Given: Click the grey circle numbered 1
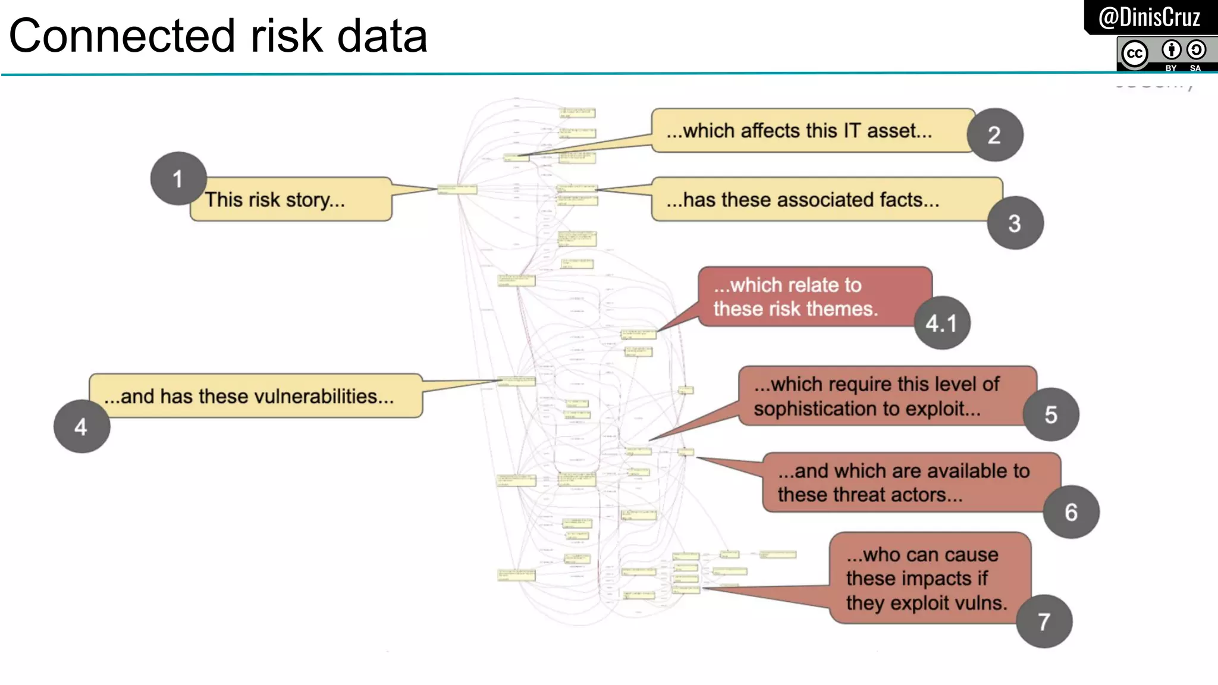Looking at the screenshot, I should pos(178,178).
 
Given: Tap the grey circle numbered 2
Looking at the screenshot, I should pos(994,135).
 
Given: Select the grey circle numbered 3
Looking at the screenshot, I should pos(1015,223).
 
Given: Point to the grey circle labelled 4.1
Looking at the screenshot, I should pos(941,323).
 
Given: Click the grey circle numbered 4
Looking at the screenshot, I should pos(81,426).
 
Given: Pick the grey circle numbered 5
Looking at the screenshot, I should pos(1050,414).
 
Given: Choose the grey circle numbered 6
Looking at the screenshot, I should pos(1071,512).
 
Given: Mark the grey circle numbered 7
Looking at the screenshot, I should pos(1044,621).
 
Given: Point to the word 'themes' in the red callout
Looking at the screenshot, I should pos(847,309).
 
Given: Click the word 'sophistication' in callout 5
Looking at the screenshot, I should pos(815,409).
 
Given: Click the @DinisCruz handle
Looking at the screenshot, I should pos(1149,17).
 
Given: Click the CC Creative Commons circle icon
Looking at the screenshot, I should pos(1134,54).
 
